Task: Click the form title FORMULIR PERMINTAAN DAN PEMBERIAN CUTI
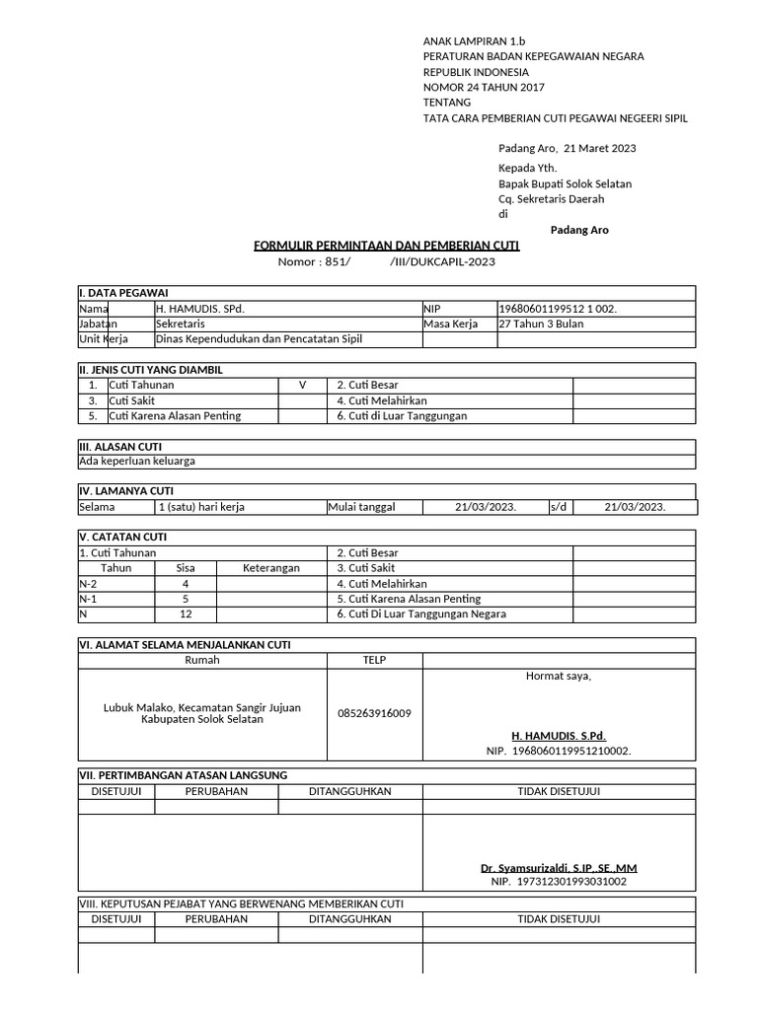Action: tap(387, 245)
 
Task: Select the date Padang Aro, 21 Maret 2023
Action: tap(567, 149)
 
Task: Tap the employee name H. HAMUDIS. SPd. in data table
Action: tap(199, 309)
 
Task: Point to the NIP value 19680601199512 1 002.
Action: tap(559, 309)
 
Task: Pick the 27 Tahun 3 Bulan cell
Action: tap(542, 324)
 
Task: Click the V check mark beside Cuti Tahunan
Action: tap(303, 386)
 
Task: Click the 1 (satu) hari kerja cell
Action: tap(201, 507)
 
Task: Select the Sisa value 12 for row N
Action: tap(186, 614)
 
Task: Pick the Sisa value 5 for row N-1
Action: tap(186, 599)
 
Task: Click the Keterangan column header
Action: tap(270, 568)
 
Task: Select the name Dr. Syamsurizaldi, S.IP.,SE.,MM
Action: tap(559, 868)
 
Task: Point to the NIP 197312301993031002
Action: tap(559, 882)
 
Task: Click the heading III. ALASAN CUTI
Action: tap(119, 447)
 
